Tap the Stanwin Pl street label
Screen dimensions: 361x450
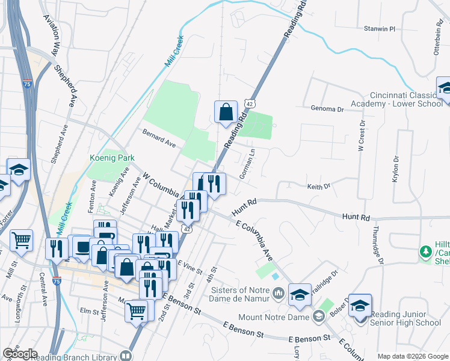click(x=378, y=28)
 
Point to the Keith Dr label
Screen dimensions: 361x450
click(x=319, y=187)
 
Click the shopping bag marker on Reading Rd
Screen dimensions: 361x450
click(x=226, y=112)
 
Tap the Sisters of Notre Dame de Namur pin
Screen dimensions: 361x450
click(x=278, y=294)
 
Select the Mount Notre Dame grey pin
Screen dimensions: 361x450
click(x=318, y=316)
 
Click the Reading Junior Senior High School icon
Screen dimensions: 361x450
click(x=360, y=307)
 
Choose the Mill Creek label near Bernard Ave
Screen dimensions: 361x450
click(x=173, y=52)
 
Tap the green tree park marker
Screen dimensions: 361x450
click(x=426, y=252)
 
